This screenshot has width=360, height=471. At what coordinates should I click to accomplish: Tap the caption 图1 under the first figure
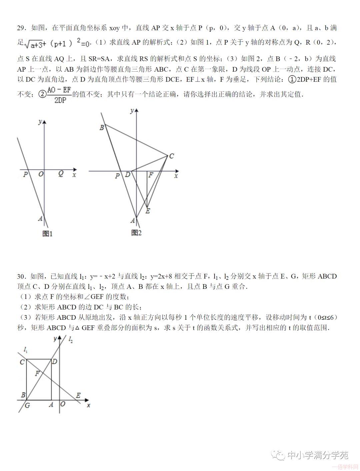(47, 234)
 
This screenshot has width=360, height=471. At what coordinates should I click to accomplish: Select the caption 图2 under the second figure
(136, 233)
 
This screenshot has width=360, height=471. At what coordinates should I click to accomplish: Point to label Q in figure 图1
(61, 174)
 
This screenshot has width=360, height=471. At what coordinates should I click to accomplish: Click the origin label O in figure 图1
(41, 174)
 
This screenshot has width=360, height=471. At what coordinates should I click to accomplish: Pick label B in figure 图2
(102, 127)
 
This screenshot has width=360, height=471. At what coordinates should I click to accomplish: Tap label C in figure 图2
(171, 156)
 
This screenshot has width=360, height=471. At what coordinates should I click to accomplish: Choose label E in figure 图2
(148, 211)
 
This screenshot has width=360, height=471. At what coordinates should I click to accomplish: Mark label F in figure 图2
(151, 175)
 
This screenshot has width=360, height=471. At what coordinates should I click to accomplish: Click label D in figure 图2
(127, 175)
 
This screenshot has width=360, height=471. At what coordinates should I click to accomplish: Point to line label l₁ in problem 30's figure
(26, 349)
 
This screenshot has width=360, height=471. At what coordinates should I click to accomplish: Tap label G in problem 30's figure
(27, 405)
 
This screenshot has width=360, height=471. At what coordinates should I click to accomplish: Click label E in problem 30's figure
(78, 395)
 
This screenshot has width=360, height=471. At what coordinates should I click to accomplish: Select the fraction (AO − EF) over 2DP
(59, 95)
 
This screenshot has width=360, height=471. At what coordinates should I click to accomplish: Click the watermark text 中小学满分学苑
(318, 455)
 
